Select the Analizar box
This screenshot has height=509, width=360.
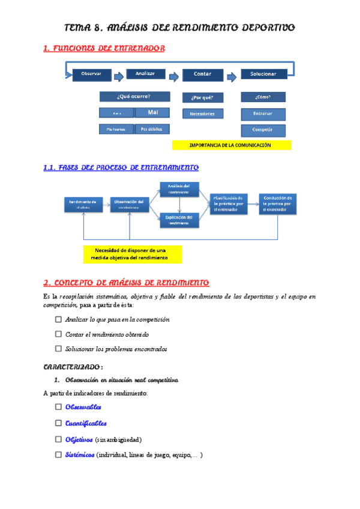(x=146, y=74)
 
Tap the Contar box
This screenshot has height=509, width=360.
(x=203, y=74)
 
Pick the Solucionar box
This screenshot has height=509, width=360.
(x=263, y=74)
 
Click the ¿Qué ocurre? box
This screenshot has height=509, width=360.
(x=134, y=97)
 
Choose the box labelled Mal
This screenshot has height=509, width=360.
(x=152, y=112)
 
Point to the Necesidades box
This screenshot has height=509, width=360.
(x=202, y=113)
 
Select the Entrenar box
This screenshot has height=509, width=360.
(x=263, y=114)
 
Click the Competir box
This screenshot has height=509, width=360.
(x=263, y=130)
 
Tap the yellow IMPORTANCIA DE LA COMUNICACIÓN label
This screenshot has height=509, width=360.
(x=230, y=145)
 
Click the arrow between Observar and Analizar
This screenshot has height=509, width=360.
(x=118, y=75)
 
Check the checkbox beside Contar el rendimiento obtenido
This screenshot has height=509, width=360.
(x=58, y=334)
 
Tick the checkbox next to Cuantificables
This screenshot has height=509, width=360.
(x=58, y=423)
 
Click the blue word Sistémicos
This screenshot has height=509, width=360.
(x=80, y=455)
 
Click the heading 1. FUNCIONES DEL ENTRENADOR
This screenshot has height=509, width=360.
(x=104, y=48)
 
